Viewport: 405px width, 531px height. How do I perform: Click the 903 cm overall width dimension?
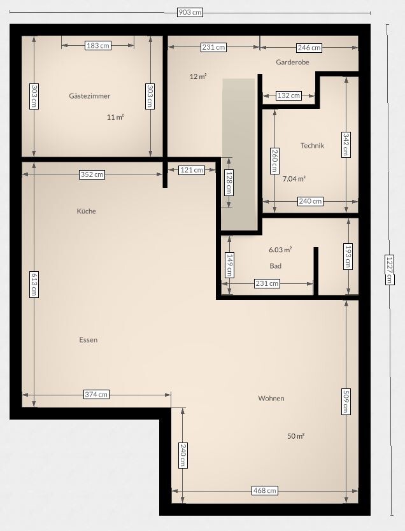pos(190,12)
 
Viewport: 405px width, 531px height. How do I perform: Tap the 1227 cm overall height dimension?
pos(390,269)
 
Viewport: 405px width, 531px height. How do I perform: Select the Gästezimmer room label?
pos(90,96)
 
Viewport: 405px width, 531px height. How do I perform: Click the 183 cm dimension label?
pos(98,45)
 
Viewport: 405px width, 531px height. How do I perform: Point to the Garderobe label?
pos(292,62)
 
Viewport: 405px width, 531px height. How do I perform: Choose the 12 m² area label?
pos(198,76)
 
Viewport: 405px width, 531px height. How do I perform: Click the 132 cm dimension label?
pos(288,96)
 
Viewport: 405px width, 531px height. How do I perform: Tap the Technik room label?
pos(312,145)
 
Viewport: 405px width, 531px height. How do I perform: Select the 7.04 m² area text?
pos(294,179)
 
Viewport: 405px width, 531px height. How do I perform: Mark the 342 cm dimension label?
pos(346,145)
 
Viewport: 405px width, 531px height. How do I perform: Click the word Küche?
pos(87,211)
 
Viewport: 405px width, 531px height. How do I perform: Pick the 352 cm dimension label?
pos(92,174)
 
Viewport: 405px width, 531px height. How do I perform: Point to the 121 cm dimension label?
pos(192,170)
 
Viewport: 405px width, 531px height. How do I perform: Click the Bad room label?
pos(275,266)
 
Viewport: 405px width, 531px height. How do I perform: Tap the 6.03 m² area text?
pos(280,250)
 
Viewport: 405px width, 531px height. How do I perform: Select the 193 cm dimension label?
pos(348,256)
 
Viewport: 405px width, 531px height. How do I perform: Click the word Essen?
pos(89,339)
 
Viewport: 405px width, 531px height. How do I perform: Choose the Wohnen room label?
pos(271,399)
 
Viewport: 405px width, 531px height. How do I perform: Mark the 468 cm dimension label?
pos(265,490)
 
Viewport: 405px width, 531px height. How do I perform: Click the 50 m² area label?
pos(295,436)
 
